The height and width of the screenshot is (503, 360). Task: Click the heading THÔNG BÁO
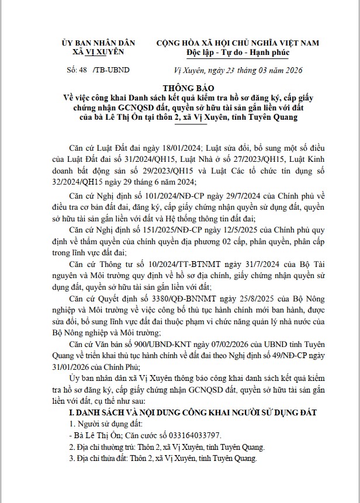pyautogui.click(x=179, y=88)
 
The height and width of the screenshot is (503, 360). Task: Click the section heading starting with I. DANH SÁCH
pyautogui.click(x=192, y=412)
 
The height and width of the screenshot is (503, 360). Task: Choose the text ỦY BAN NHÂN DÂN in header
pyautogui.click(x=98, y=43)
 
